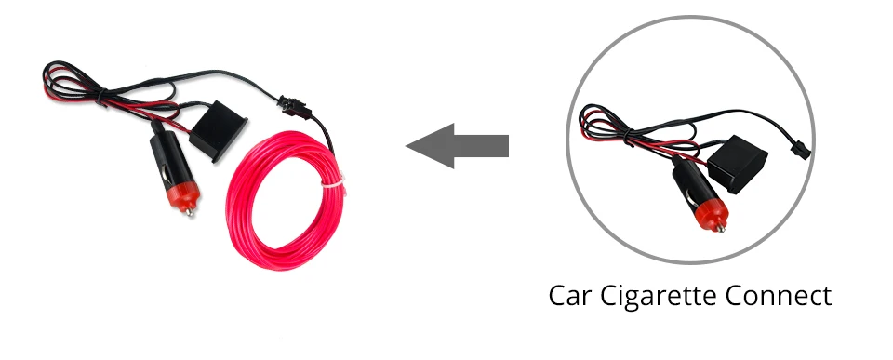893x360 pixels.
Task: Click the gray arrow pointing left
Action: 457,146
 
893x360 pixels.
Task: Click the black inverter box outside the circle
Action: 218,131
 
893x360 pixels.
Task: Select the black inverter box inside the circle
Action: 737,164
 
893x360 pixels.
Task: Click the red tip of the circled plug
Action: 713,215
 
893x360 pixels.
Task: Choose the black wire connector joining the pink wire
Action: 291,105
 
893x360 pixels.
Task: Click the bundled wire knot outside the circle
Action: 101,95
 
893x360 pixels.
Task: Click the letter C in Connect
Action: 735,296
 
